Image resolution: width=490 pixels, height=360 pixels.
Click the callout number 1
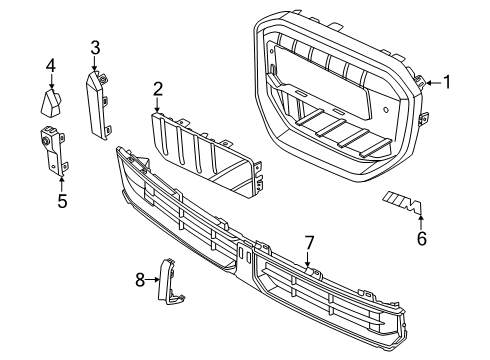tap(448, 82)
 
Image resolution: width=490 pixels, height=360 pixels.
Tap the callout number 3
tap(95, 47)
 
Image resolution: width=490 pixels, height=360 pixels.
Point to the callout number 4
tap(49, 67)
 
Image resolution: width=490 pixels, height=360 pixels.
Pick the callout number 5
tap(61, 201)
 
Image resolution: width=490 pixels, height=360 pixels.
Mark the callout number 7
tap(309, 242)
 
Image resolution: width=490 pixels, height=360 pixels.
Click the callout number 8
tap(140, 279)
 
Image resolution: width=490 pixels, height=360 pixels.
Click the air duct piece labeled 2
tap(205, 150)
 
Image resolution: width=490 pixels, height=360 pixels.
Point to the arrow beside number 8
tap(155, 279)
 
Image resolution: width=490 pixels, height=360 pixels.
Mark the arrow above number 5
tap(61, 181)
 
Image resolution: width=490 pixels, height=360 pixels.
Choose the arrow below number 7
tap(309, 262)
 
